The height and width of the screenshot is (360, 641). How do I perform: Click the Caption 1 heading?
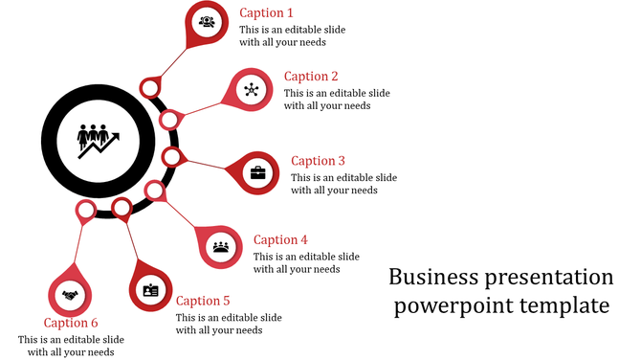coord(266,13)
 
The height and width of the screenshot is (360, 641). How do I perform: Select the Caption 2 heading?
coord(311,77)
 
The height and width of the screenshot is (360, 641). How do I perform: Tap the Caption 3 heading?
coord(318,161)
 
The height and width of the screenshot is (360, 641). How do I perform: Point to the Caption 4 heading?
coord(280,240)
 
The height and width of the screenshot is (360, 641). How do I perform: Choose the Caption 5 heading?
coord(203,301)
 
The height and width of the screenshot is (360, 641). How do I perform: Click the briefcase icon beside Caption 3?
coord(257,173)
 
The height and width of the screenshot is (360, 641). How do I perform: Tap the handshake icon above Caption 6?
coord(70,295)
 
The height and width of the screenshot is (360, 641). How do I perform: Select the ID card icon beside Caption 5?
coord(150,290)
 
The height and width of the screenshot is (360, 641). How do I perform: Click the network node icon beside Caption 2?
coord(251,90)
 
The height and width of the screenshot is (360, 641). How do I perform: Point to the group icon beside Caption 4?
coord(221,246)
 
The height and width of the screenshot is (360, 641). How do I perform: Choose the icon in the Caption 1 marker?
coord(207,21)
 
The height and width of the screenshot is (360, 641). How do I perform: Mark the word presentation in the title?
coord(549,278)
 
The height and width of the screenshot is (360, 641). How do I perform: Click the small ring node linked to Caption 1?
coord(149,88)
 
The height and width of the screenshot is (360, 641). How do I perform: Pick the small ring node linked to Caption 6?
coord(86,209)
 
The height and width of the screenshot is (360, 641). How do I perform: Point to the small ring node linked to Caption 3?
coord(171,156)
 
